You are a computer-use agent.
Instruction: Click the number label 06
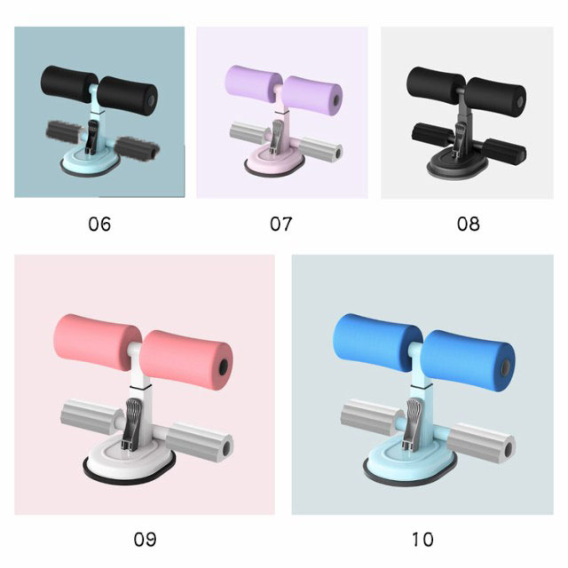[x=99, y=224]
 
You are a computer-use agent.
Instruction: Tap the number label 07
[x=280, y=224]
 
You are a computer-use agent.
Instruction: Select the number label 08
[x=468, y=224]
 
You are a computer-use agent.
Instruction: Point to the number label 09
[x=145, y=539]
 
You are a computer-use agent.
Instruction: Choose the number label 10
[x=422, y=539]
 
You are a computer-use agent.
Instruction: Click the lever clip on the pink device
[x=131, y=424]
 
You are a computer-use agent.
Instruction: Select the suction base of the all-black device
[x=458, y=165]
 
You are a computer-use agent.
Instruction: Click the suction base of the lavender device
[x=274, y=164]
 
